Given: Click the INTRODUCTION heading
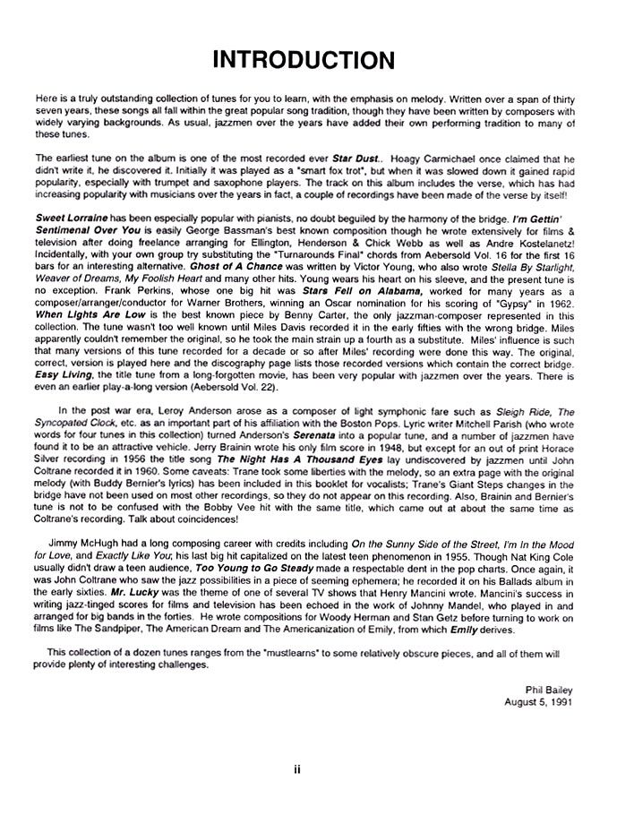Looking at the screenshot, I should tap(304, 60).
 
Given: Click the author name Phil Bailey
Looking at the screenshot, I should tap(547, 689).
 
